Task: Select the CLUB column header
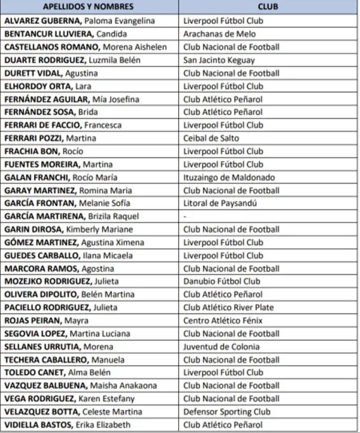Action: (x=268, y=7)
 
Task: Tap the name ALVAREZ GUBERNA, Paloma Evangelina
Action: (x=86, y=21)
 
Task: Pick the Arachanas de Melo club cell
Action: (x=219, y=34)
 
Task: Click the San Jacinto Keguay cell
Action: (x=219, y=60)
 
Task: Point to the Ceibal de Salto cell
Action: (x=211, y=138)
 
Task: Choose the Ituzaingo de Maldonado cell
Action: (x=229, y=177)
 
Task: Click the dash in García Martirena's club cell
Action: (x=185, y=217)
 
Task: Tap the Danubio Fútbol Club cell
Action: (x=222, y=281)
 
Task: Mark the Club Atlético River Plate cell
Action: (x=229, y=308)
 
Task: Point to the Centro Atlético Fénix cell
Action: (x=223, y=321)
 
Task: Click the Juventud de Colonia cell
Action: (x=221, y=347)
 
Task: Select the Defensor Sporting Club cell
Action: (x=227, y=412)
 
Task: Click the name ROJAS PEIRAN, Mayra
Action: (x=46, y=321)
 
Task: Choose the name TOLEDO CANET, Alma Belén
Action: (x=58, y=373)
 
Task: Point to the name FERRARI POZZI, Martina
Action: (x=50, y=138)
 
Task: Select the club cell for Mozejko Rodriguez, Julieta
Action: (x=222, y=281)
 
